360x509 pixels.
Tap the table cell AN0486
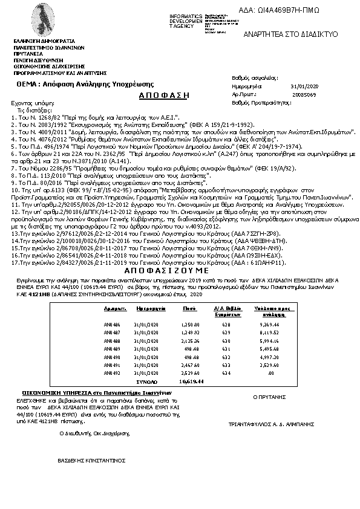click(x=113, y=325)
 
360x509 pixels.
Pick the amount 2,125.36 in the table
click(x=190, y=340)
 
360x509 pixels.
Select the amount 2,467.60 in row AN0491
click(x=190, y=365)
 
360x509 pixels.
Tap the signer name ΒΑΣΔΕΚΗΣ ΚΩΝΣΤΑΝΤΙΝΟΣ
click(x=91, y=460)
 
